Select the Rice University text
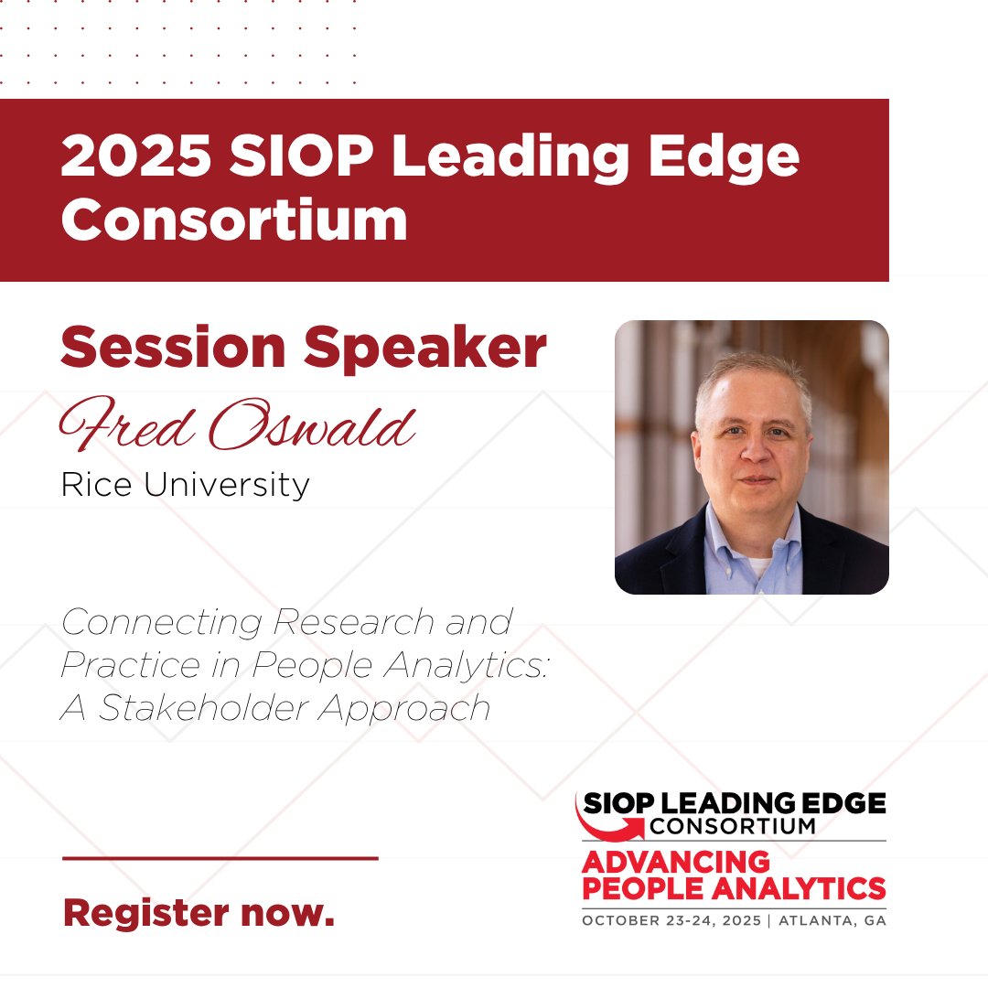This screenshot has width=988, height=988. (185, 484)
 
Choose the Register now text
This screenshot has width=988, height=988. (199, 912)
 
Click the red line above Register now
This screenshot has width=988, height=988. (220, 858)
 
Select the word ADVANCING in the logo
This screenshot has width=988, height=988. (676, 862)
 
